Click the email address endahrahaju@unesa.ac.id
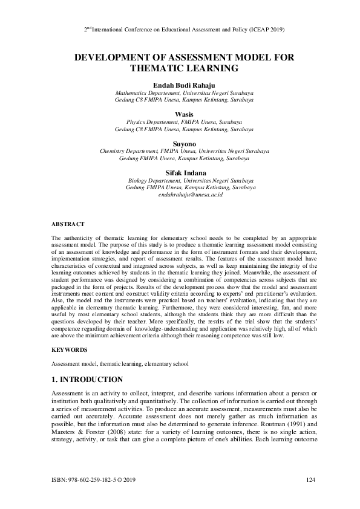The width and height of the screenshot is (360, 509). pos(191,195)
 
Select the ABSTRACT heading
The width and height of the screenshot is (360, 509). pos(67,224)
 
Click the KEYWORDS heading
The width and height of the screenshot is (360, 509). pos(69,349)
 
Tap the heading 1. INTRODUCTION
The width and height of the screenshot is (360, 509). pos(87,380)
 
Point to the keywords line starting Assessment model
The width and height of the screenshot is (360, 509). pos(120,364)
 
